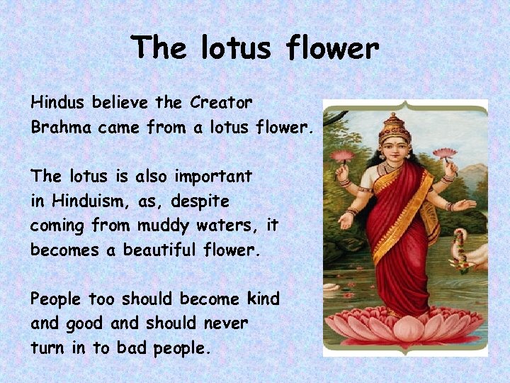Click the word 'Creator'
pyautogui.click(x=221, y=103)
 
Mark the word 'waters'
pyautogui.click(x=234, y=226)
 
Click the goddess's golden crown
pyautogui.click(x=395, y=128)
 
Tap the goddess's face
pyautogui.click(x=394, y=150)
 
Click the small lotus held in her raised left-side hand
pyautogui.click(x=342, y=156)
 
